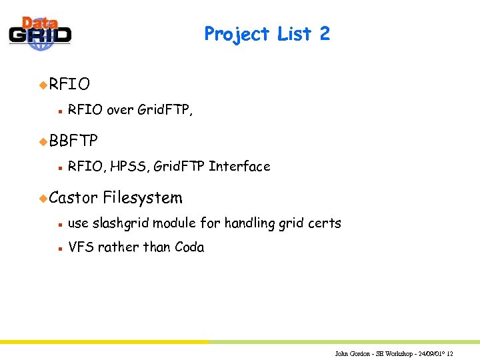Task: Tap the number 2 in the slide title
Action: tap(325, 33)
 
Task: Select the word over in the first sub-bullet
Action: tap(120, 110)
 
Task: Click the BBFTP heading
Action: tap(73, 141)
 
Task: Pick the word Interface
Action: tap(239, 166)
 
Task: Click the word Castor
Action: tap(73, 197)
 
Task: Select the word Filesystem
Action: tap(143, 197)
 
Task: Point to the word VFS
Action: tap(81, 247)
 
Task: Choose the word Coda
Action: tap(189, 247)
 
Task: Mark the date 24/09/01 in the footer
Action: tap(430, 353)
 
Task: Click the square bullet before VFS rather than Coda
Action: tap(59, 248)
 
